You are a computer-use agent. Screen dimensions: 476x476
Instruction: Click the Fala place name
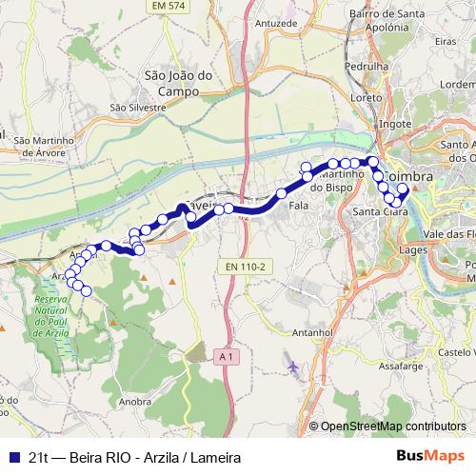pyautogui.click(x=298, y=205)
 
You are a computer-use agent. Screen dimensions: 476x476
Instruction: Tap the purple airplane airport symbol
pyautogui.click(x=291, y=364)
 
